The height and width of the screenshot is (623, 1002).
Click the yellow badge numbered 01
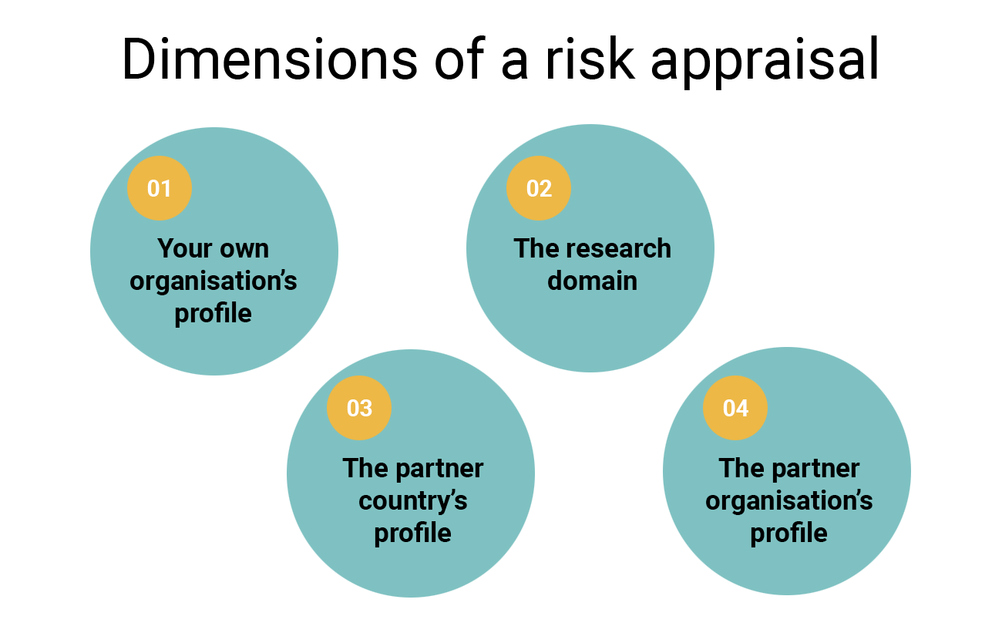coord(159,188)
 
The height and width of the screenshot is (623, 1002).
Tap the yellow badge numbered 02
coord(539,188)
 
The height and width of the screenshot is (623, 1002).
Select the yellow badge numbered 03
coord(359,408)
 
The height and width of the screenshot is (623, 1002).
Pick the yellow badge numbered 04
coord(735,408)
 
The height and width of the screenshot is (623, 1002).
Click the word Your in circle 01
coord(183,249)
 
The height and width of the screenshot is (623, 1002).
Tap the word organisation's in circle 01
coord(214,281)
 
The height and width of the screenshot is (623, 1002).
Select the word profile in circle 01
coord(214,314)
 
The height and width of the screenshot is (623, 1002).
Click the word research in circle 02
coord(619,249)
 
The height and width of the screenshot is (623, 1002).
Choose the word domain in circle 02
coord(592,281)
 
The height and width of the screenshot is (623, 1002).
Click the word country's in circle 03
coord(413,501)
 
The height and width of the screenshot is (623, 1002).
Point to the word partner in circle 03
coord(440,469)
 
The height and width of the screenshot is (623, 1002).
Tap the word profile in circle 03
coord(413,534)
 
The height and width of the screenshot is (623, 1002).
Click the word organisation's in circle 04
coord(789,501)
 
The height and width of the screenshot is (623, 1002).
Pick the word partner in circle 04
coord(816,469)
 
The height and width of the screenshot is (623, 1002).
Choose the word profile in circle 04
coord(789,534)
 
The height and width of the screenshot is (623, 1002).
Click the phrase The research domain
coord(592,265)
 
